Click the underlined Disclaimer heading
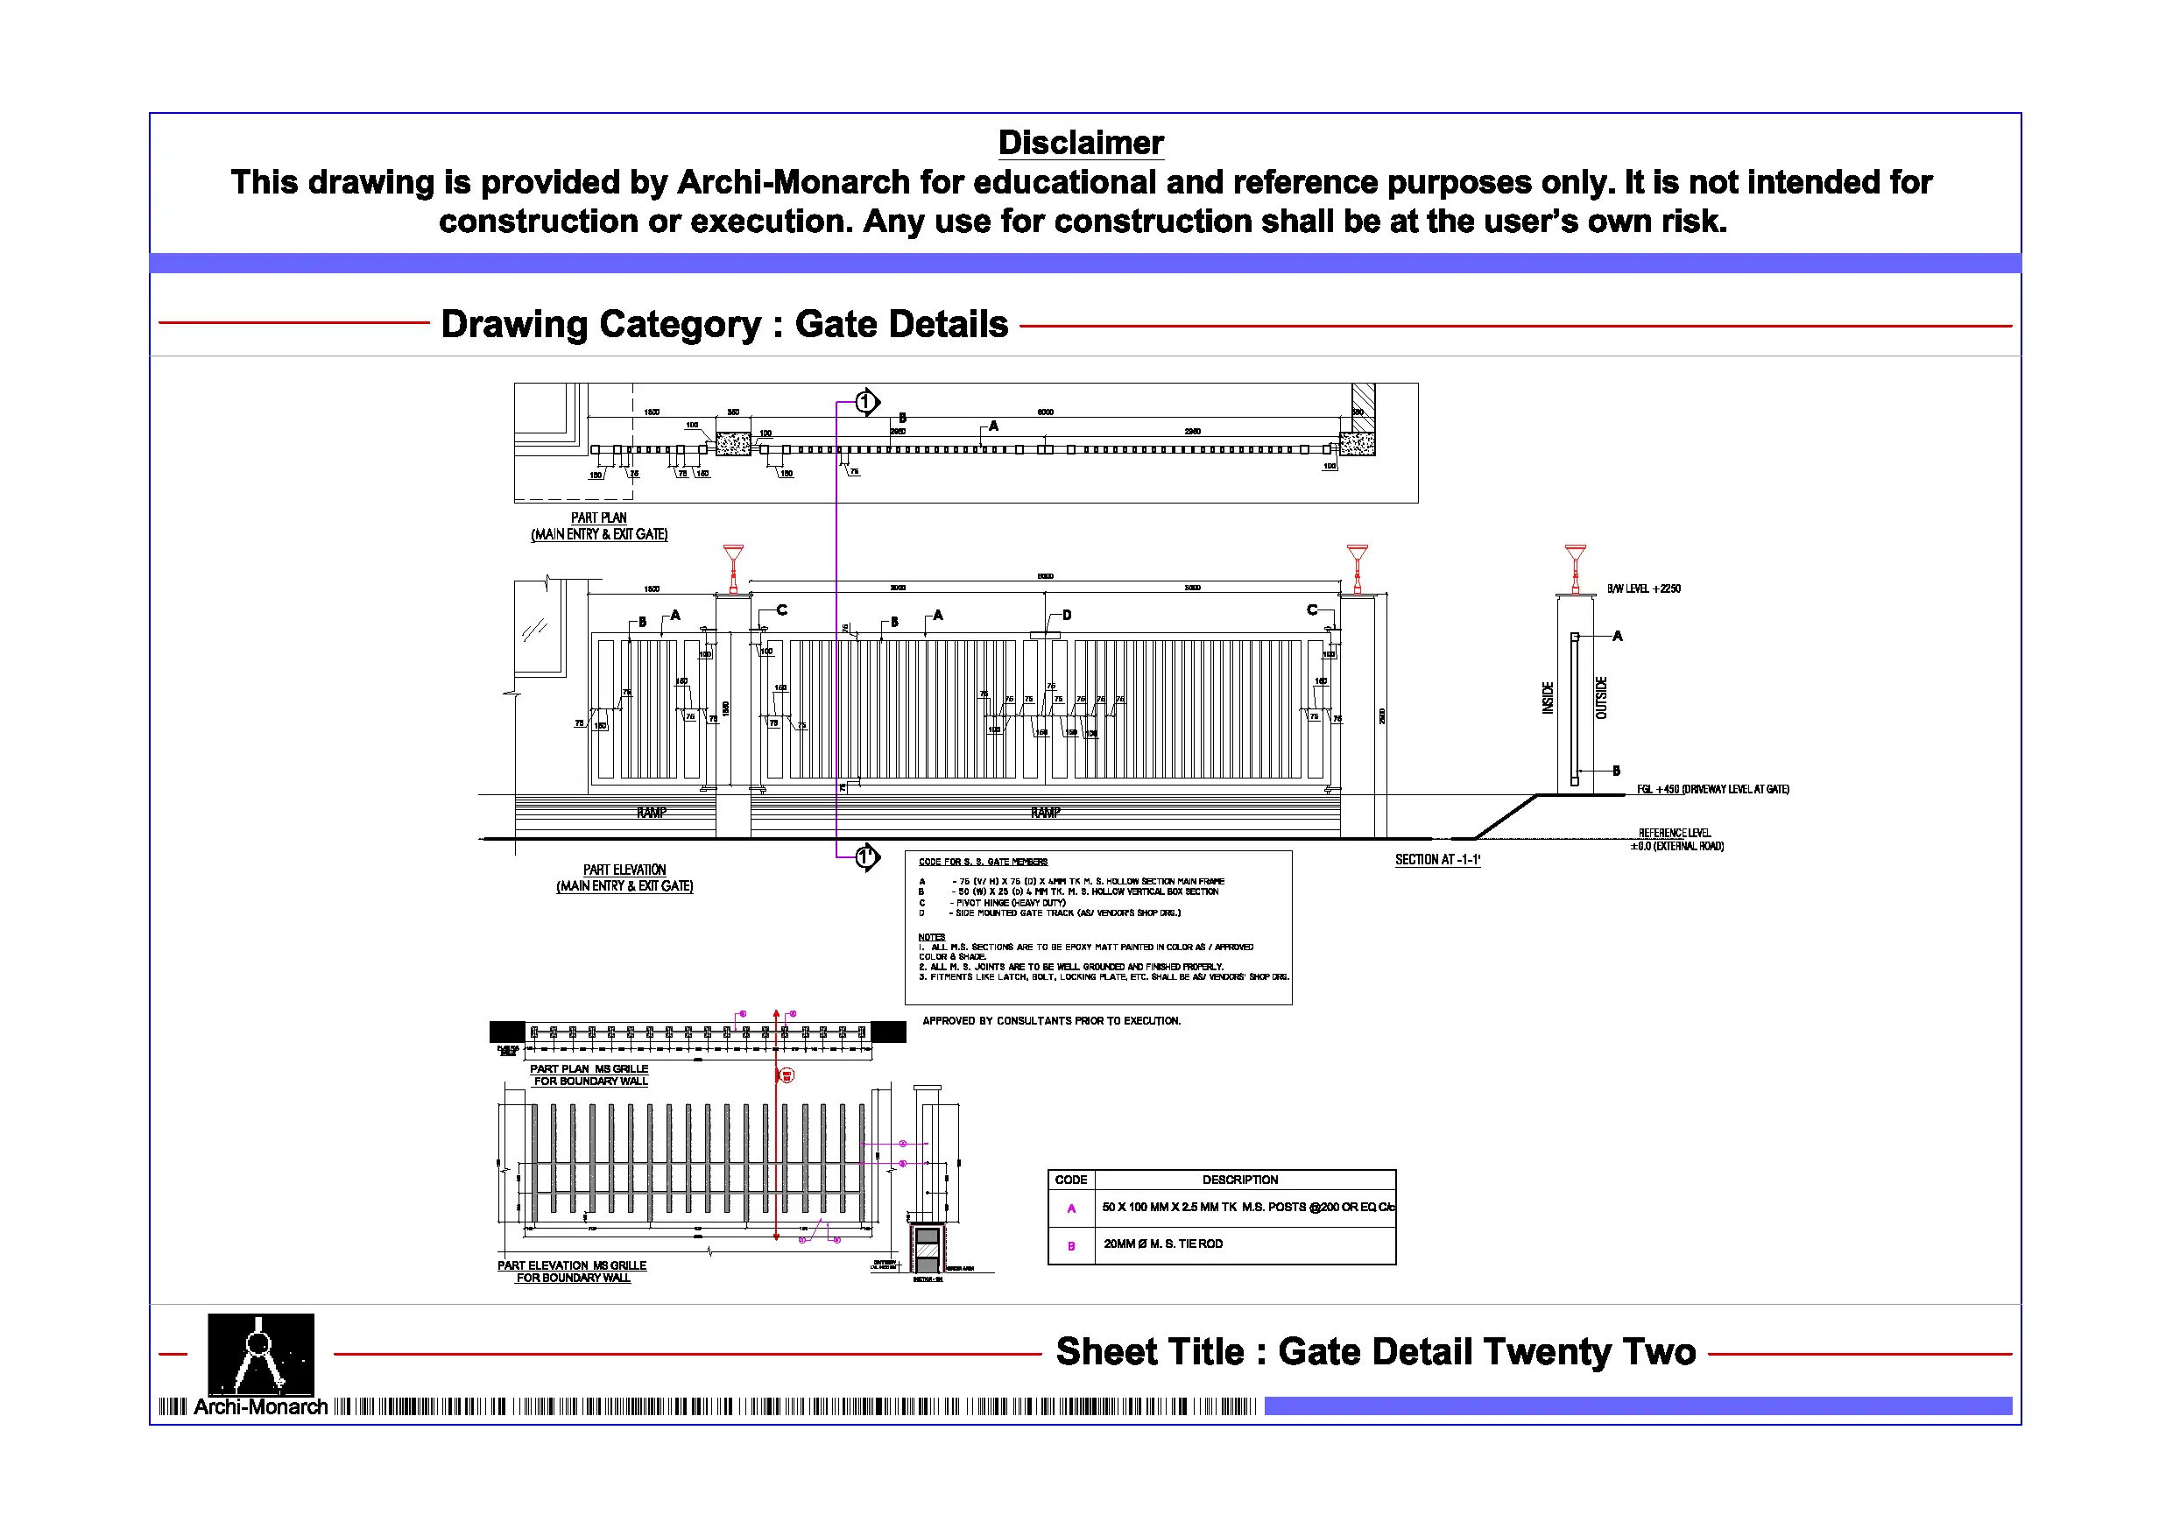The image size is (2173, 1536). [x=1081, y=143]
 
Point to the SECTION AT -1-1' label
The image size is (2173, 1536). [x=1436, y=859]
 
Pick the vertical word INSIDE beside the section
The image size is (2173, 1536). [x=1549, y=697]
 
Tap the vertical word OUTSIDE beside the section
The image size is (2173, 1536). [x=1601, y=697]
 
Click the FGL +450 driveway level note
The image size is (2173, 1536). [x=1712, y=789]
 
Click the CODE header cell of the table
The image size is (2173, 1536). [x=1070, y=1180]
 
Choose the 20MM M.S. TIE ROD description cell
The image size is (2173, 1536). [x=1163, y=1244]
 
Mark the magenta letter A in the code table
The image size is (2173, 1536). [x=1071, y=1208]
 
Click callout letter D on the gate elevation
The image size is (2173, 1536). [x=1067, y=615]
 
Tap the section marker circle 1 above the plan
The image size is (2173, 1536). [x=865, y=402]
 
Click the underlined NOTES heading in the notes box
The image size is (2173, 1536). [x=931, y=937]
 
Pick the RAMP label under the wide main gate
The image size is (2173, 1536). [x=1045, y=813]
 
